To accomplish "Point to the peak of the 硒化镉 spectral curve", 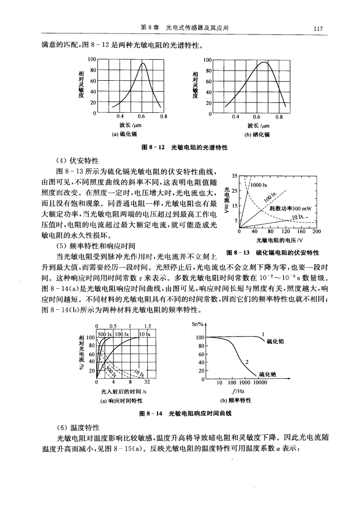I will pos(264,62).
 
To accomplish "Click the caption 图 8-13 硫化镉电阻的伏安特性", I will pos(273,252).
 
